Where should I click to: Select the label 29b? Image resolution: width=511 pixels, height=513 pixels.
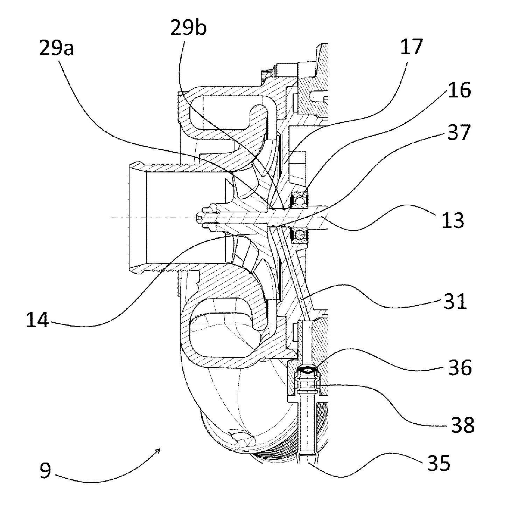tap(188, 28)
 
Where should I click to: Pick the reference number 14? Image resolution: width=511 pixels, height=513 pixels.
tap(37, 320)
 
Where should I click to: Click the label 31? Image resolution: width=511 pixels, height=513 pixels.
tap(455, 301)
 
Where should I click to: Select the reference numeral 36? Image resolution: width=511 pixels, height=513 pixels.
tap(460, 368)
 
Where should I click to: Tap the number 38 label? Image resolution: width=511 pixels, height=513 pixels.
tap(462, 425)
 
